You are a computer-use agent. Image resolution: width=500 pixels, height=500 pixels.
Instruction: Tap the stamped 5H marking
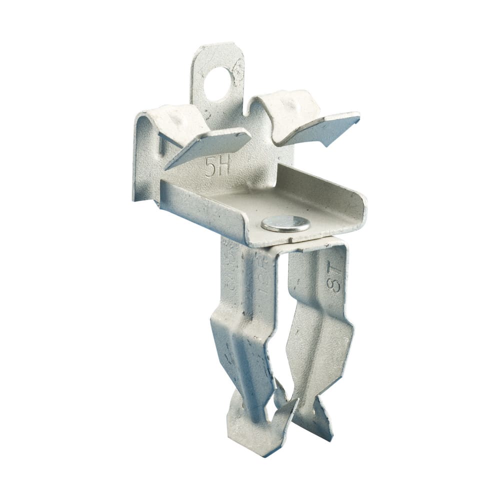pos(217,167)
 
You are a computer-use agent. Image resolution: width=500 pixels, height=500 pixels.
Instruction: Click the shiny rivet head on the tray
pos(285,224)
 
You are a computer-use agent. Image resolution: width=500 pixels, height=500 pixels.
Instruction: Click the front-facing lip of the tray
pos(200,210)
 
